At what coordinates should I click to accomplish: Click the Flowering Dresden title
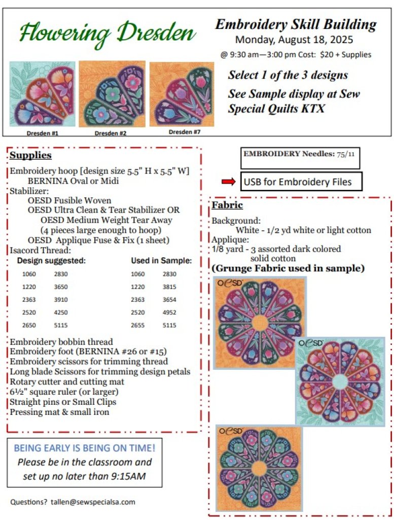(x=108, y=33)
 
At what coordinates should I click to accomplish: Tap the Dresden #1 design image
(x=42, y=94)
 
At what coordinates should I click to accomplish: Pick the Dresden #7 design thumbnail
(x=182, y=94)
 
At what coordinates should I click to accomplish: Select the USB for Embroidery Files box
(x=301, y=182)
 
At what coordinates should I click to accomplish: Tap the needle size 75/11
(x=348, y=154)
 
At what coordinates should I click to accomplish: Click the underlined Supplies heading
(x=30, y=155)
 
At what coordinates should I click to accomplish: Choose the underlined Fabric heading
(x=227, y=205)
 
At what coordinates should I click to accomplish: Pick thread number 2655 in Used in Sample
(x=137, y=325)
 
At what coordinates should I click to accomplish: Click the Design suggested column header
(x=51, y=261)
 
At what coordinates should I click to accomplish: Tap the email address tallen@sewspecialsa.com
(x=93, y=502)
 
